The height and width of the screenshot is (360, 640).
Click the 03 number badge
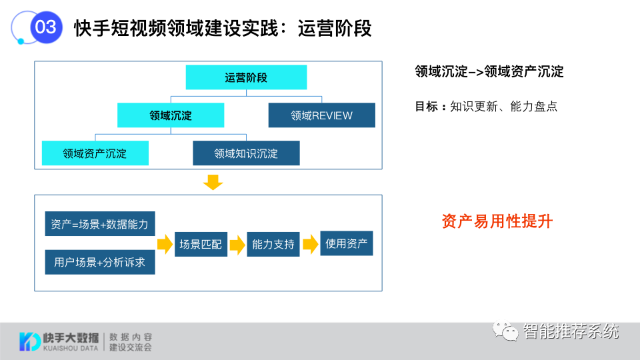pyautogui.click(x=45, y=28)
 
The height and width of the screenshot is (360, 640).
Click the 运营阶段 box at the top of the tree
pyautogui.click(x=246, y=77)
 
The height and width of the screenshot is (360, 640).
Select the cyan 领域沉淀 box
pyautogui.click(x=171, y=115)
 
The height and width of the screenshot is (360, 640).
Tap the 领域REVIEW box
pyautogui.click(x=321, y=115)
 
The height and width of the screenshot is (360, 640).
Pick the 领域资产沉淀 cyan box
pyautogui.click(x=95, y=153)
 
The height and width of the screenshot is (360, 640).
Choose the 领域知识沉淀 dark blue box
pyautogui.click(x=246, y=153)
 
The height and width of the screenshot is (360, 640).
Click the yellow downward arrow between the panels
pyautogui.click(x=213, y=181)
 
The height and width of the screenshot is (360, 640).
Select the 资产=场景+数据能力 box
pyautogui.click(x=100, y=223)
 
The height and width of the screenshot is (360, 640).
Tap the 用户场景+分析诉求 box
pyautogui.click(x=100, y=262)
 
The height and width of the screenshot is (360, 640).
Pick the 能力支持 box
pyautogui.click(x=273, y=244)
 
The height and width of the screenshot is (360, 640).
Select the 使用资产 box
pyautogui.click(x=346, y=243)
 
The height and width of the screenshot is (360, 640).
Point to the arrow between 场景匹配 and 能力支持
pyautogui.click(x=237, y=245)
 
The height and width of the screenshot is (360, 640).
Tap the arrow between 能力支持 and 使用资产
pyautogui.click(x=310, y=245)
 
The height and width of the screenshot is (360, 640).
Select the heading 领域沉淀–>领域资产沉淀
pyautogui.click(x=489, y=72)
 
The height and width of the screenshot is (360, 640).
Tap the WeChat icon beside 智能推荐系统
pyautogui.click(x=506, y=331)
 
